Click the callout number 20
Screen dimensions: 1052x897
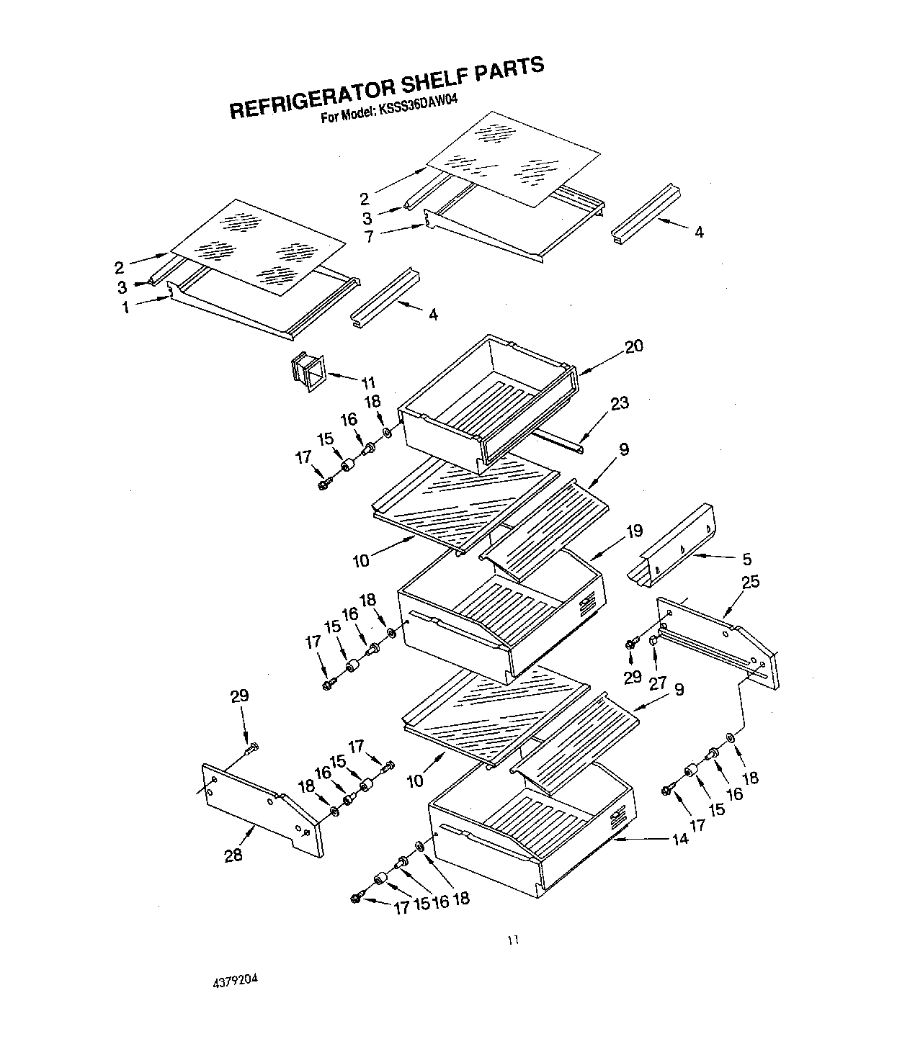(633, 346)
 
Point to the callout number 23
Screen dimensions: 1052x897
(620, 403)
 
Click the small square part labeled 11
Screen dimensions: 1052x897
(308, 372)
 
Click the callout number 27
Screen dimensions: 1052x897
(657, 682)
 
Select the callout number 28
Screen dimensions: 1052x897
(233, 855)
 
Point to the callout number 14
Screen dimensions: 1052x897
(679, 838)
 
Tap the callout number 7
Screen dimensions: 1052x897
(370, 236)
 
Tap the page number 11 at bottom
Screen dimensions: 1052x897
(512, 940)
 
